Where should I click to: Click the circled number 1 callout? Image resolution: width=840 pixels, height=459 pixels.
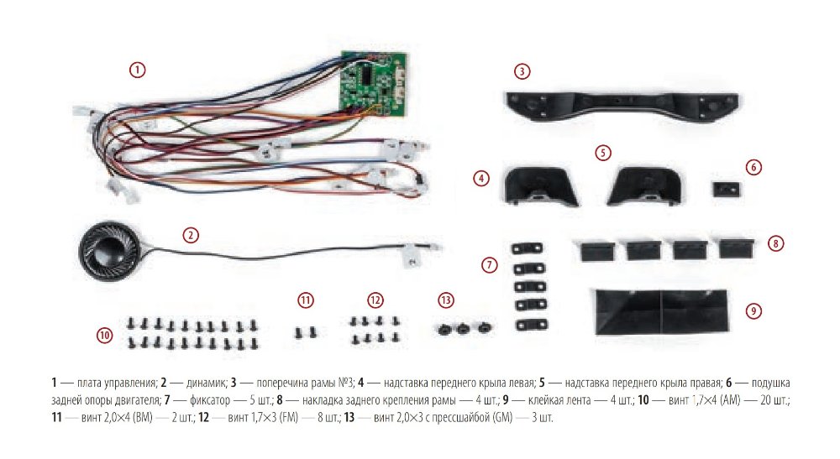coord(138,70)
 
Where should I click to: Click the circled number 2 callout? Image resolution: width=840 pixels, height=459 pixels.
coord(192,235)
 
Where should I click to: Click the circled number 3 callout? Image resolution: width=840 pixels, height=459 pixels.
coord(522,71)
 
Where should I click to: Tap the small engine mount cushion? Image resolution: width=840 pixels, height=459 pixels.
coord(725,187)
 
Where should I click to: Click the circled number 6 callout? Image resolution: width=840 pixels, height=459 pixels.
coord(754,167)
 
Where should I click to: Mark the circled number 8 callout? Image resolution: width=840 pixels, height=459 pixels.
coord(776,244)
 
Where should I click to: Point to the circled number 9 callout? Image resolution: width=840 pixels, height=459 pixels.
coord(754,310)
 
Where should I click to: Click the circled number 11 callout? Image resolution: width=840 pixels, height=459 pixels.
coord(306,300)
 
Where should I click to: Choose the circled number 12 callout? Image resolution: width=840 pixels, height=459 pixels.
coord(375,300)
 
